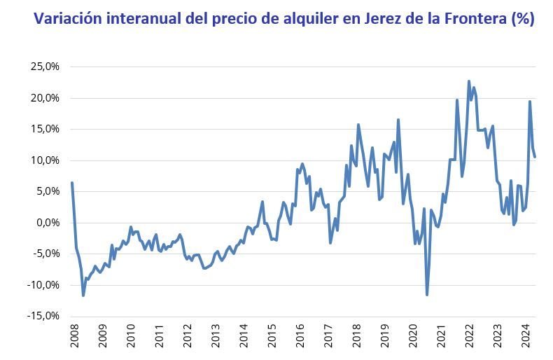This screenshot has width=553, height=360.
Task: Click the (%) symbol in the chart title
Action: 522,19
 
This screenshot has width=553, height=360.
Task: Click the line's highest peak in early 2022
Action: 469,81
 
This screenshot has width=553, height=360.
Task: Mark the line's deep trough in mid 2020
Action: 427,295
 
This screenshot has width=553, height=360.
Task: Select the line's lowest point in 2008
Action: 83,296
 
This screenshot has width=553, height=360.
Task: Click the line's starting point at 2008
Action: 72,183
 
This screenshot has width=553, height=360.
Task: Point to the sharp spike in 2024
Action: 530,102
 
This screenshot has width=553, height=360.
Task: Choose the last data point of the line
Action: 535,156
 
